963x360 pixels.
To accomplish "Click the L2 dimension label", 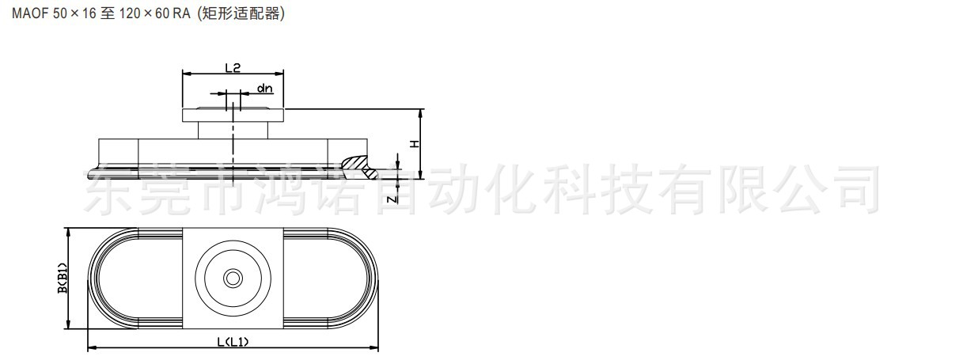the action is click(x=233, y=67).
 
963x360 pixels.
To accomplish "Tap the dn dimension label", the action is click(x=264, y=89).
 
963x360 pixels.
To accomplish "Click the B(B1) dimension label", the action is click(x=61, y=279).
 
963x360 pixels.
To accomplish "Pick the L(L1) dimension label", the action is click(x=233, y=342).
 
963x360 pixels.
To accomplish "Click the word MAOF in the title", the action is click(x=29, y=16).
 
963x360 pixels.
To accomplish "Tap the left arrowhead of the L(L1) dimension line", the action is click(x=89, y=347).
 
